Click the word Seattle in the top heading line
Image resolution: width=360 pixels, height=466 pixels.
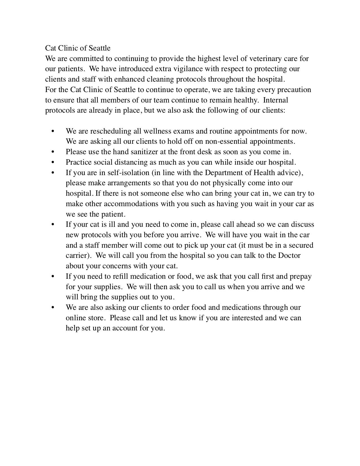pyautogui.click(x=100, y=48)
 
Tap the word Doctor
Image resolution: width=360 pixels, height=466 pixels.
pyautogui.click(x=289, y=256)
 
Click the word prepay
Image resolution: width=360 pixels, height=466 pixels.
pyautogui.click(x=301, y=276)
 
